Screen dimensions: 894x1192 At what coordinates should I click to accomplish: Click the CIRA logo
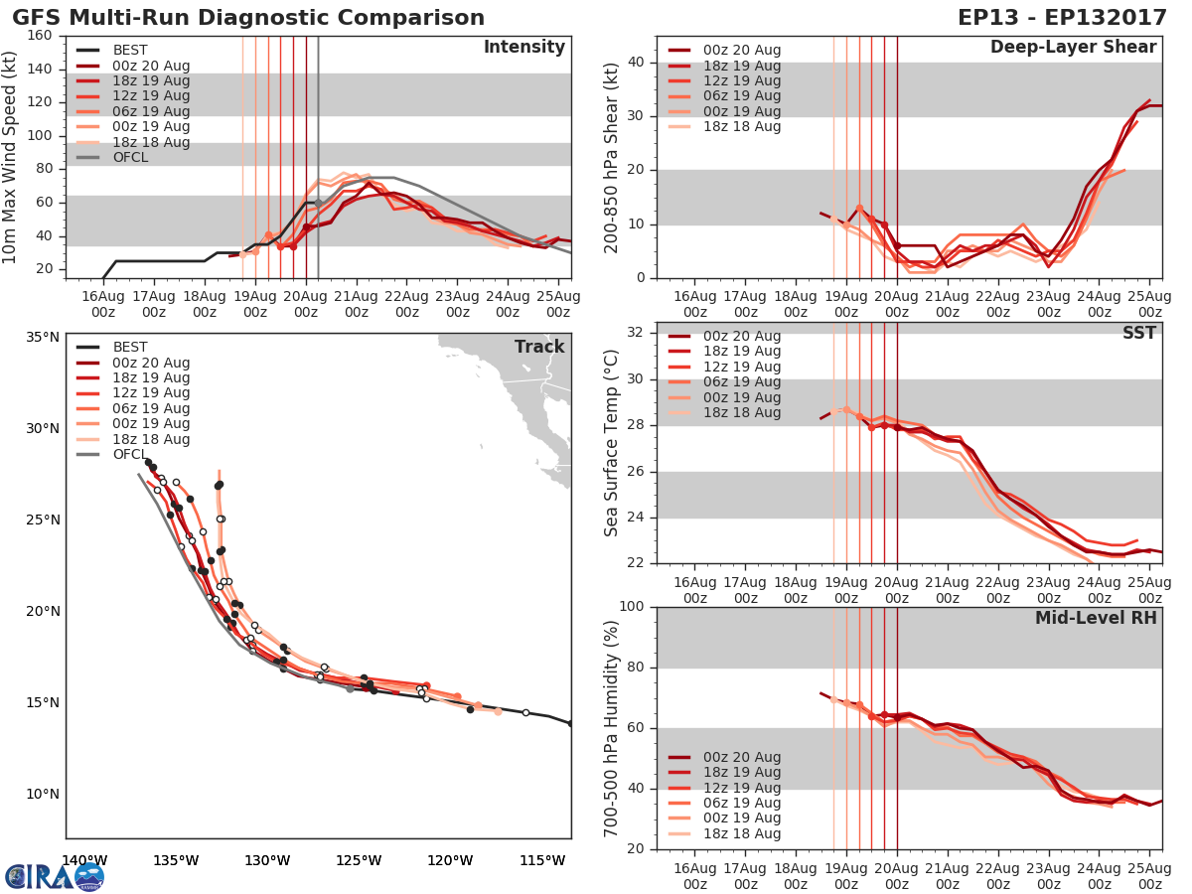pos(54,876)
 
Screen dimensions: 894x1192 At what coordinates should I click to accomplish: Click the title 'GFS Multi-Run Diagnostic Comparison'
pos(248,18)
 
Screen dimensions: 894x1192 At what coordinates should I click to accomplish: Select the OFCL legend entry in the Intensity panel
pos(130,157)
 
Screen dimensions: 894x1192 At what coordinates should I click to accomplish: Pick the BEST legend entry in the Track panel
pos(130,347)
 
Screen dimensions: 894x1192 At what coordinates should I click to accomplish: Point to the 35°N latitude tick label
pos(42,337)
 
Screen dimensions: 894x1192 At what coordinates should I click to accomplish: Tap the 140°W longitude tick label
pos(84,860)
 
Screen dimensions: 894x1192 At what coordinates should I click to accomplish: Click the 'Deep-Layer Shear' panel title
pos(1073,48)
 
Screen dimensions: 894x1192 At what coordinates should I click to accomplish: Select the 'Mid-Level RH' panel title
pos(1096,618)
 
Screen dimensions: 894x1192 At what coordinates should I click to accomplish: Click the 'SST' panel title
pos(1138,333)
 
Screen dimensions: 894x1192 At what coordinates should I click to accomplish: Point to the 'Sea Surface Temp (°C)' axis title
pos(612,442)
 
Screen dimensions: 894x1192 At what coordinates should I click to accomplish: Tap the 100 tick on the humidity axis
pos(629,606)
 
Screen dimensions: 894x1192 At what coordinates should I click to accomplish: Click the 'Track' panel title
pos(539,347)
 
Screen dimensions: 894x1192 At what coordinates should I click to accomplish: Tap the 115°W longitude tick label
pos(543,860)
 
